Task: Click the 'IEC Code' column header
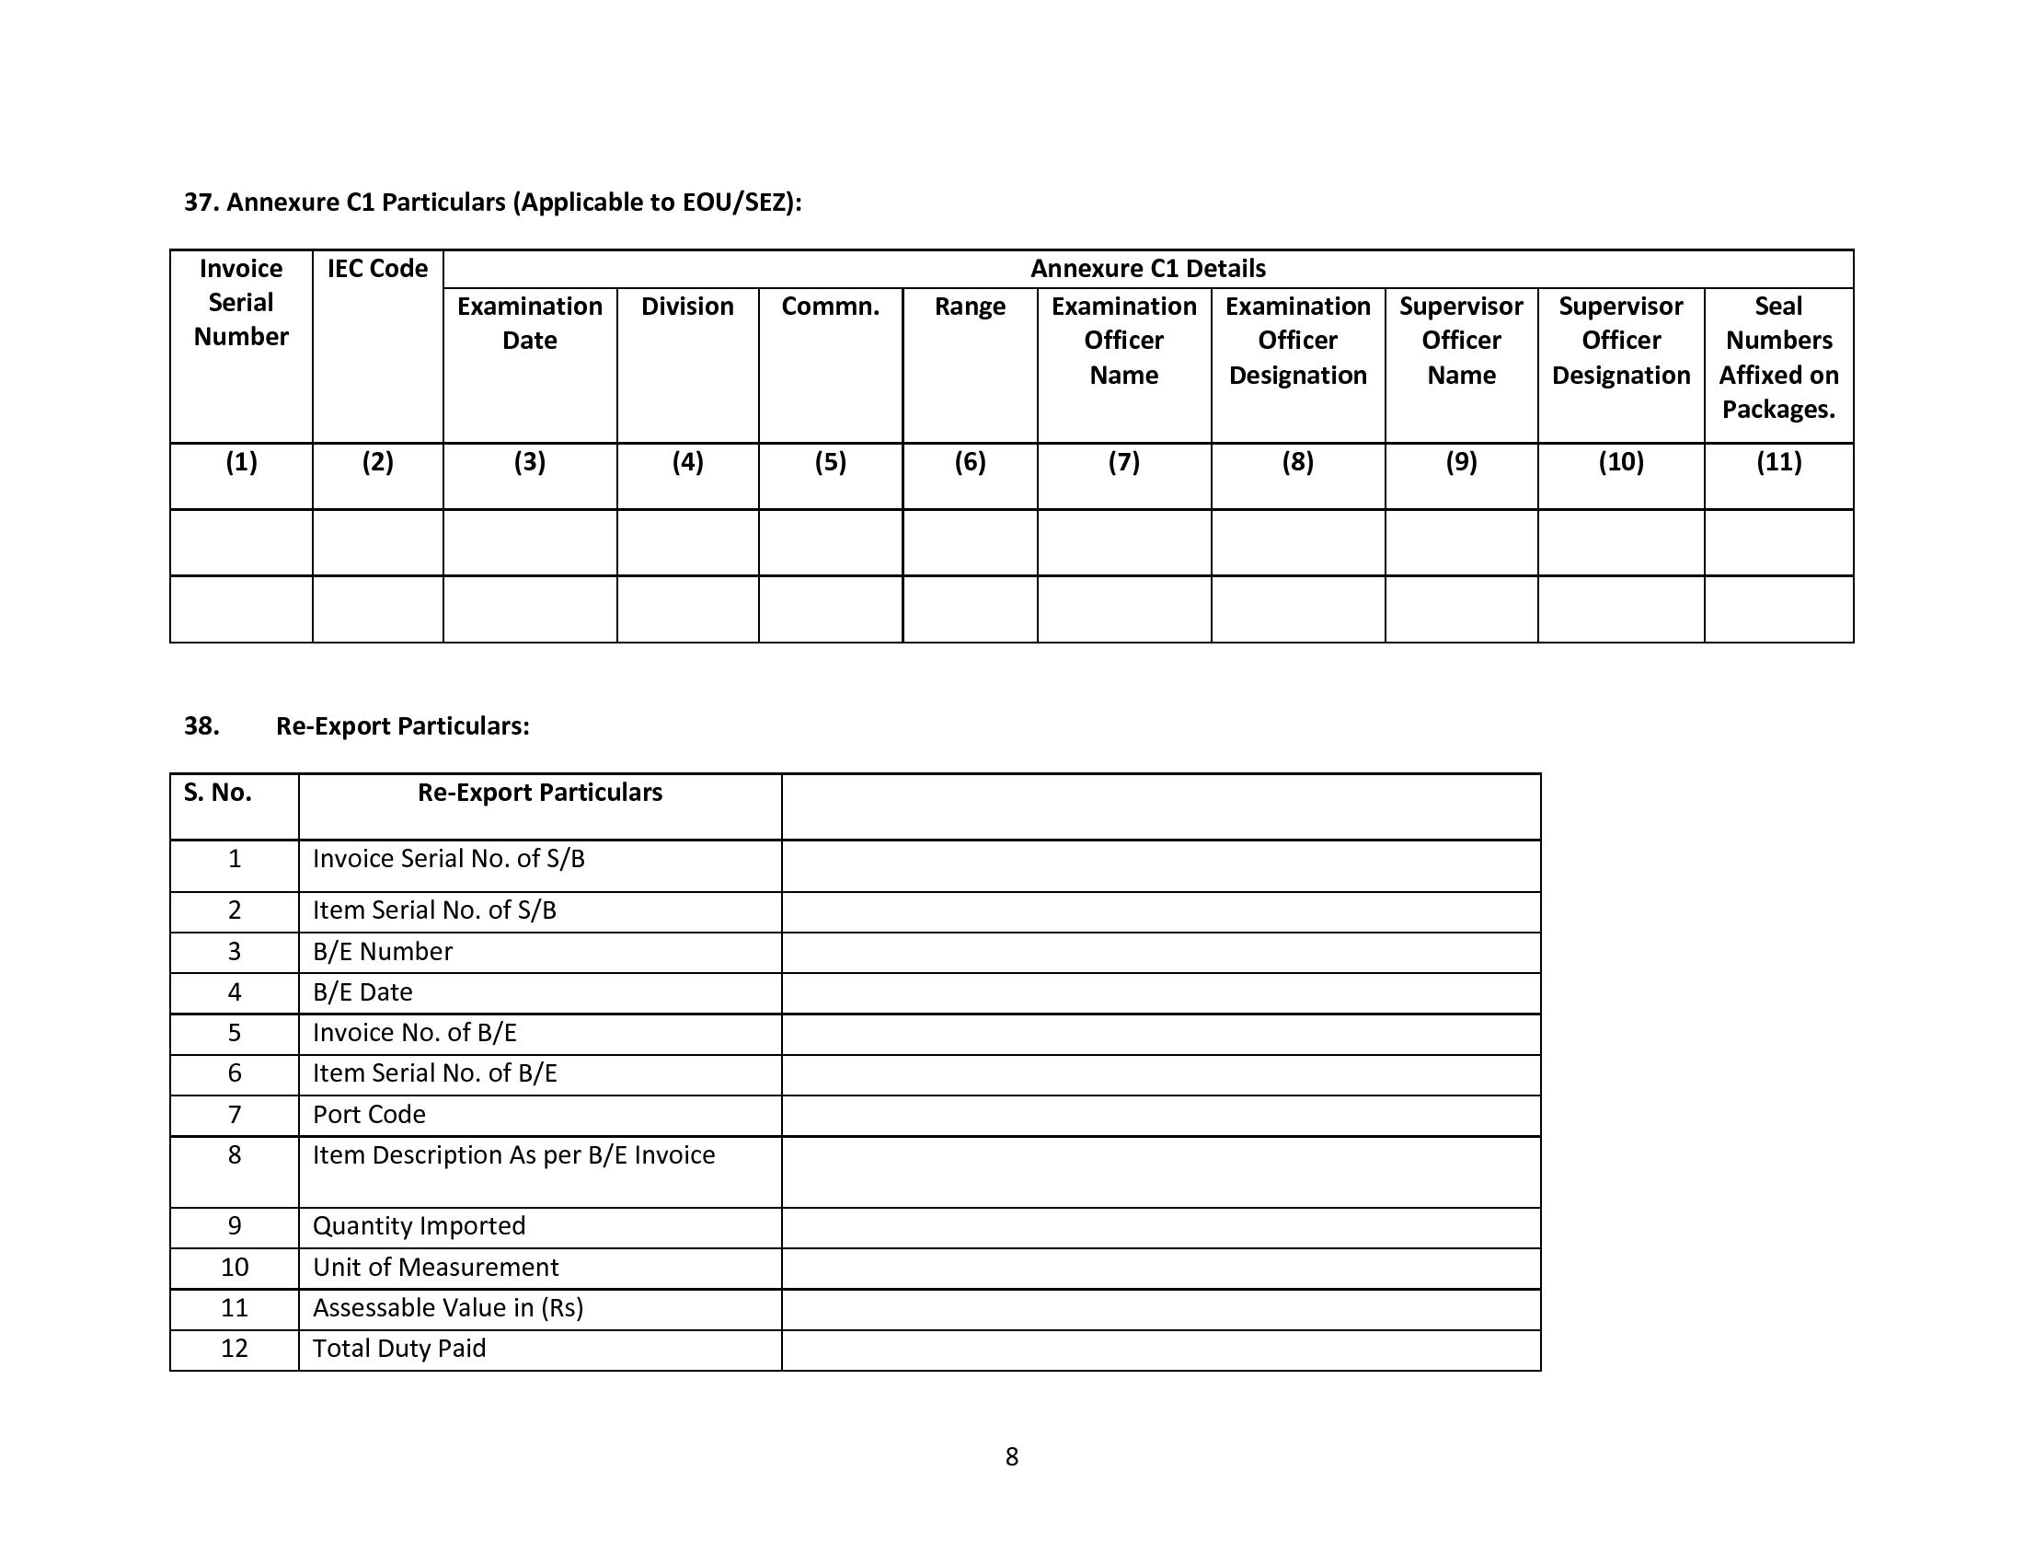tap(377, 269)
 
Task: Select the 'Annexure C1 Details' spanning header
tap(1147, 269)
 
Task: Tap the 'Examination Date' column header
tap(529, 322)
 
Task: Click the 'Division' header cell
tap(686, 307)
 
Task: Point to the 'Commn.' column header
tap(830, 307)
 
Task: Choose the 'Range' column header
tap(970, 307)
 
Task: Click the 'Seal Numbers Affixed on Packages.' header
tap(1777, 357)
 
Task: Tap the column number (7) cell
tap(1123, 462)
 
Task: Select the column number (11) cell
tap(1777, 462)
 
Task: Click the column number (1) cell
tap(241, 462)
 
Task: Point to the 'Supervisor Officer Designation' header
tap(1620, 341)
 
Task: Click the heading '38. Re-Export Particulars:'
tap(402, 726)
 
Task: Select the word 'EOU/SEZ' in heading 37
tap(737, 203)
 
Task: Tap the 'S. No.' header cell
tap(218, 793)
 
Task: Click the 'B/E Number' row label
tap(382, 951)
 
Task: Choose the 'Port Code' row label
tap(369, 1115)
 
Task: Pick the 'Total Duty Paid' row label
tap(398, 1348)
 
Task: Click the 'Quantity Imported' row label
tap(419, 1225)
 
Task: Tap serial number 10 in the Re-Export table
tap(235, 1267)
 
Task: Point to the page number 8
tap(1011, 1456)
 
